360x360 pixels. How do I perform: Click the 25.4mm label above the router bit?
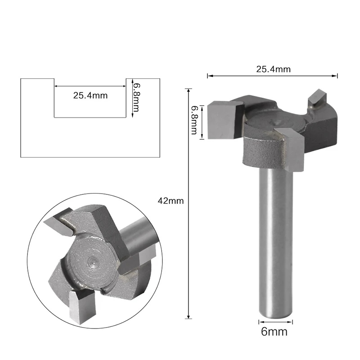pyautogui.click(x=273, y=69)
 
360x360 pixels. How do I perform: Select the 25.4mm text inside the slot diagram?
pyautogui.click(x=90, y=95)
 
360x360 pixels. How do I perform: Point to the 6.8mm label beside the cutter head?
pyautogui.click(x=194, y=120)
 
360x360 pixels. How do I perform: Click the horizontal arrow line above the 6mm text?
pyautogui.click(x=276, y=322)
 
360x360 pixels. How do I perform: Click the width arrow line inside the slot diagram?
pyautogui.click(x=90, y=85)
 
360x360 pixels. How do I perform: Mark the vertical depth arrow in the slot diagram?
pyautogui.click(x=132, y=98)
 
